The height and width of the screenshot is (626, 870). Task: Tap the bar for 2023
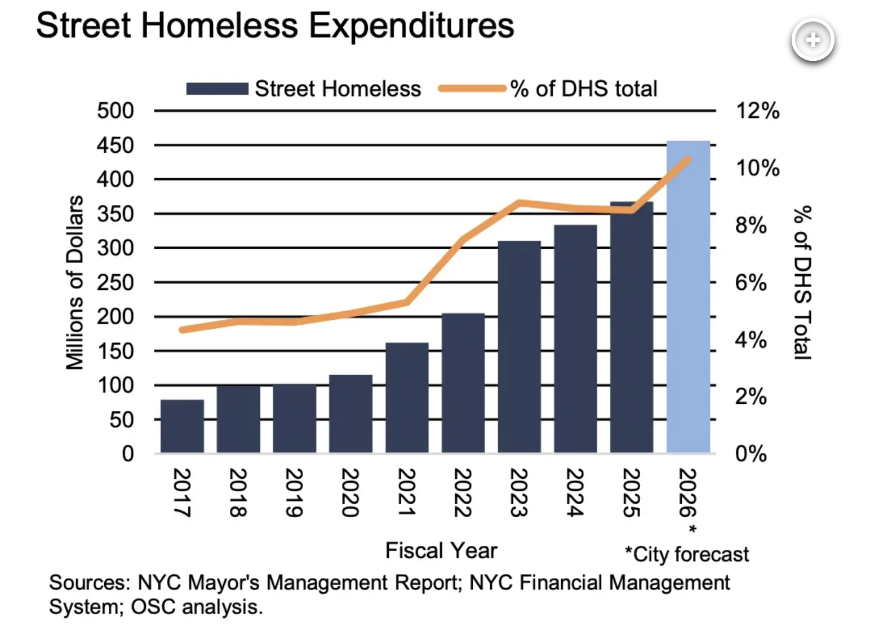click(519, 347)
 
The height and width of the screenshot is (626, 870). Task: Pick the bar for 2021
click(407, 398)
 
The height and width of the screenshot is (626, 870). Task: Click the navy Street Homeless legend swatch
click(217, 89)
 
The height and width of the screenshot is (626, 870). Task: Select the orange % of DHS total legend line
click(472, 89)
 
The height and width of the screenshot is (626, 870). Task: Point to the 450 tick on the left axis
click(115, 146)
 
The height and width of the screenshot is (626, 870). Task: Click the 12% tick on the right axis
click(757, 111)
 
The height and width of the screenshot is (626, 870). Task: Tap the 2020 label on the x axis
click(350, 492)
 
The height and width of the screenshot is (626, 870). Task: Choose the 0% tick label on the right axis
click(751, 453)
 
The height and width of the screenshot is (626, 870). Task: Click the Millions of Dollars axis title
click(75, 283)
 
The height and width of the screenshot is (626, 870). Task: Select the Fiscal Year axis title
click(441, 550)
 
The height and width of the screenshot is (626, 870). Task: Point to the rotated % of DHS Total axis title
click(802, 283)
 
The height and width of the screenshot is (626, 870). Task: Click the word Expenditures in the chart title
click(411, 25)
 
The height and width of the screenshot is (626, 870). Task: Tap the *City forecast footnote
click(687, 554)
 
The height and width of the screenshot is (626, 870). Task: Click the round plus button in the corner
click(813, 41)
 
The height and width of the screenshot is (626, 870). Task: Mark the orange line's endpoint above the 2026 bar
click(687, 160)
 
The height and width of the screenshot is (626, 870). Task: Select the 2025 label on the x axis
click(631, 492)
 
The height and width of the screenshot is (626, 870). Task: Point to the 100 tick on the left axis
click(115, 386)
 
